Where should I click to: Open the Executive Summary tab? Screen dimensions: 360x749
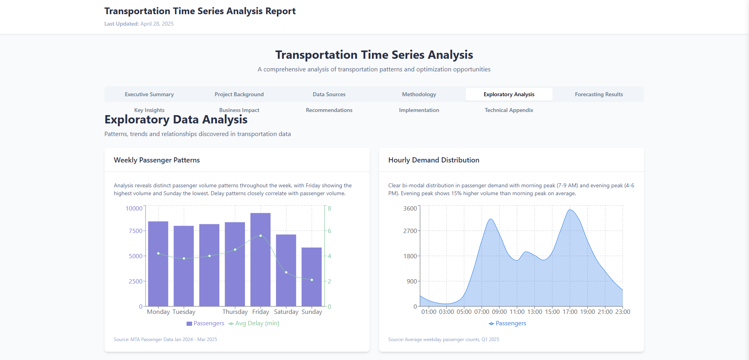coord(149,94)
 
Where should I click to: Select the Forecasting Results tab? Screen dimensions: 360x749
coord(599,94)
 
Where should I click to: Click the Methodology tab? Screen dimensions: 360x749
coord(419,94)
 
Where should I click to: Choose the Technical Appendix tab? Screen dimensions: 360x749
coord(509,110)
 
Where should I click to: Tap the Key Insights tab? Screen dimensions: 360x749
coord(149,110)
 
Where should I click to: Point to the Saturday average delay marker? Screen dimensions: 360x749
coord(286,272)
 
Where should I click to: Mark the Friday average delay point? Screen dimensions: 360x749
coord(261,236)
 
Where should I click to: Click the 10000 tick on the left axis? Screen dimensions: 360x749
coord(134,208)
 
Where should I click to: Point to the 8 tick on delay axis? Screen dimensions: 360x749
coord(329,208)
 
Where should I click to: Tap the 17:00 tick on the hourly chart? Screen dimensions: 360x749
coord(570,312)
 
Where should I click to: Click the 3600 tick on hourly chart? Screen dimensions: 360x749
coord(410,208)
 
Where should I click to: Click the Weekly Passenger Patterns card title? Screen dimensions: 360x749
coord(157,160)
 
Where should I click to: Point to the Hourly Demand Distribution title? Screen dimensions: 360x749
coord(433,160)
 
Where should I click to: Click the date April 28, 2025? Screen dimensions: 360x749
coord(157,24)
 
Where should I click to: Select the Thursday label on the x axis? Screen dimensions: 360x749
coord(235,312)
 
